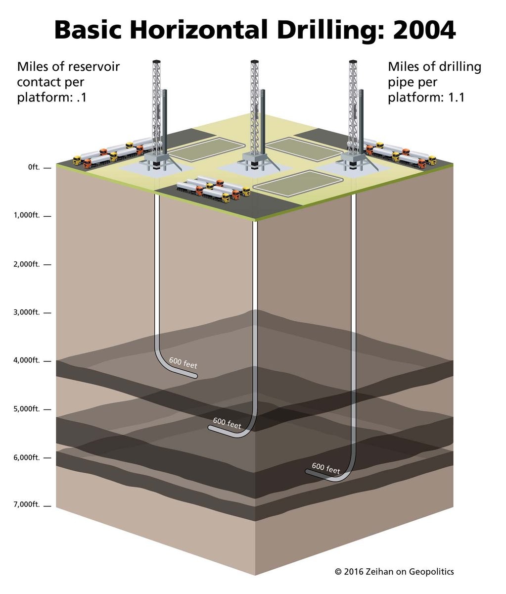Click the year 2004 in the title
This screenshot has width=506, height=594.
pos(424,30)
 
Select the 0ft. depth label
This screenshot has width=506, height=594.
pos(34,167)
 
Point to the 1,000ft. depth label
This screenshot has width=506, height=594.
pos(27,215)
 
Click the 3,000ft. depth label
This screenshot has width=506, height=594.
pos(27,312)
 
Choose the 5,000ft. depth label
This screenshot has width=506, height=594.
pos(27,409)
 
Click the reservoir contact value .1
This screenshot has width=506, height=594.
pos(82,98)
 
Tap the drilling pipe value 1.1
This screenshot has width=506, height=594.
pos(456,98)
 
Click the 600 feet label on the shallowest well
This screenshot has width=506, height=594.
pos(183,363)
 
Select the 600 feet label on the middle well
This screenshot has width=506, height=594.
pos(227,423)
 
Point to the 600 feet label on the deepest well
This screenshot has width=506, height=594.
pos(326,468)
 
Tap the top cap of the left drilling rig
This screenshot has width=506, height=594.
pos(156,61)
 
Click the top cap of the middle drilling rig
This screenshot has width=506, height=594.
pos(254,61)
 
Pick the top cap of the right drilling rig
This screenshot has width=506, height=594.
pos(353,61)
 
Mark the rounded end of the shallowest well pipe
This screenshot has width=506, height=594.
pos(195,376)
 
